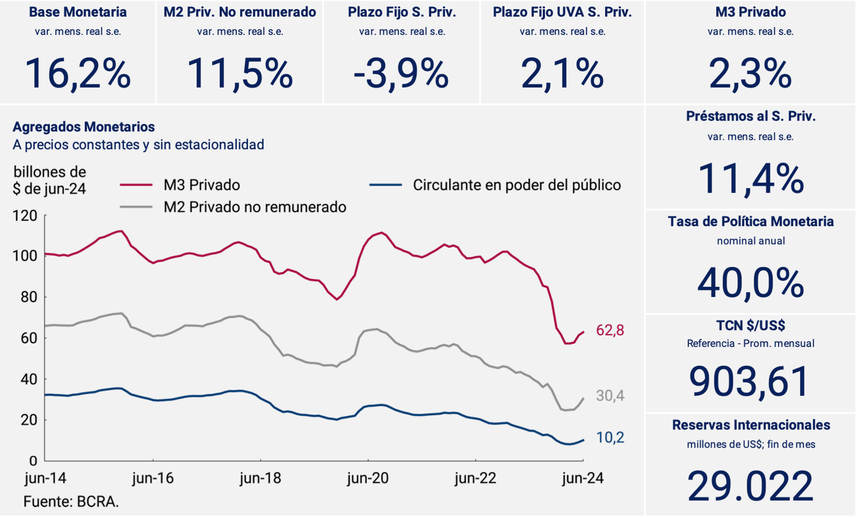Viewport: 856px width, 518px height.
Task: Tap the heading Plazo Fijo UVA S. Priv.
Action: (x=562, y=12)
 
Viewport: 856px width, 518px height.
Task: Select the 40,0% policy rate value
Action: (x=750, y=283)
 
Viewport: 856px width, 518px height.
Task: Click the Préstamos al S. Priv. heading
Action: (x=750, y=116)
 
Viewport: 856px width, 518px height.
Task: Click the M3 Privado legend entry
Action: (x=201, y=185)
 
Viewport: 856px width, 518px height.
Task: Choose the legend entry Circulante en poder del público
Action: (x=517, y=185)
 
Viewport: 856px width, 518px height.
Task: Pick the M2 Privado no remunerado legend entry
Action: (x=255, y=207)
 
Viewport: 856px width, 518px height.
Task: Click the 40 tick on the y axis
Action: (x=29, y=379)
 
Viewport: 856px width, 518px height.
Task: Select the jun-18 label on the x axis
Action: (x=260, y=478)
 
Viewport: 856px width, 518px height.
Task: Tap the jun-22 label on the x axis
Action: (x=475, y=478)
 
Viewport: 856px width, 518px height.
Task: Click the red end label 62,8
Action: (x=610, y=330)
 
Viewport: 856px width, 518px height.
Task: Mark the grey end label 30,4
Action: (x=610, y=395)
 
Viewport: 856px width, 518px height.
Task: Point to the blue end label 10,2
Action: (x=610, y=437)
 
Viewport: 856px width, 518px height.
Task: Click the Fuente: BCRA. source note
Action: (x=71, y=502)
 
